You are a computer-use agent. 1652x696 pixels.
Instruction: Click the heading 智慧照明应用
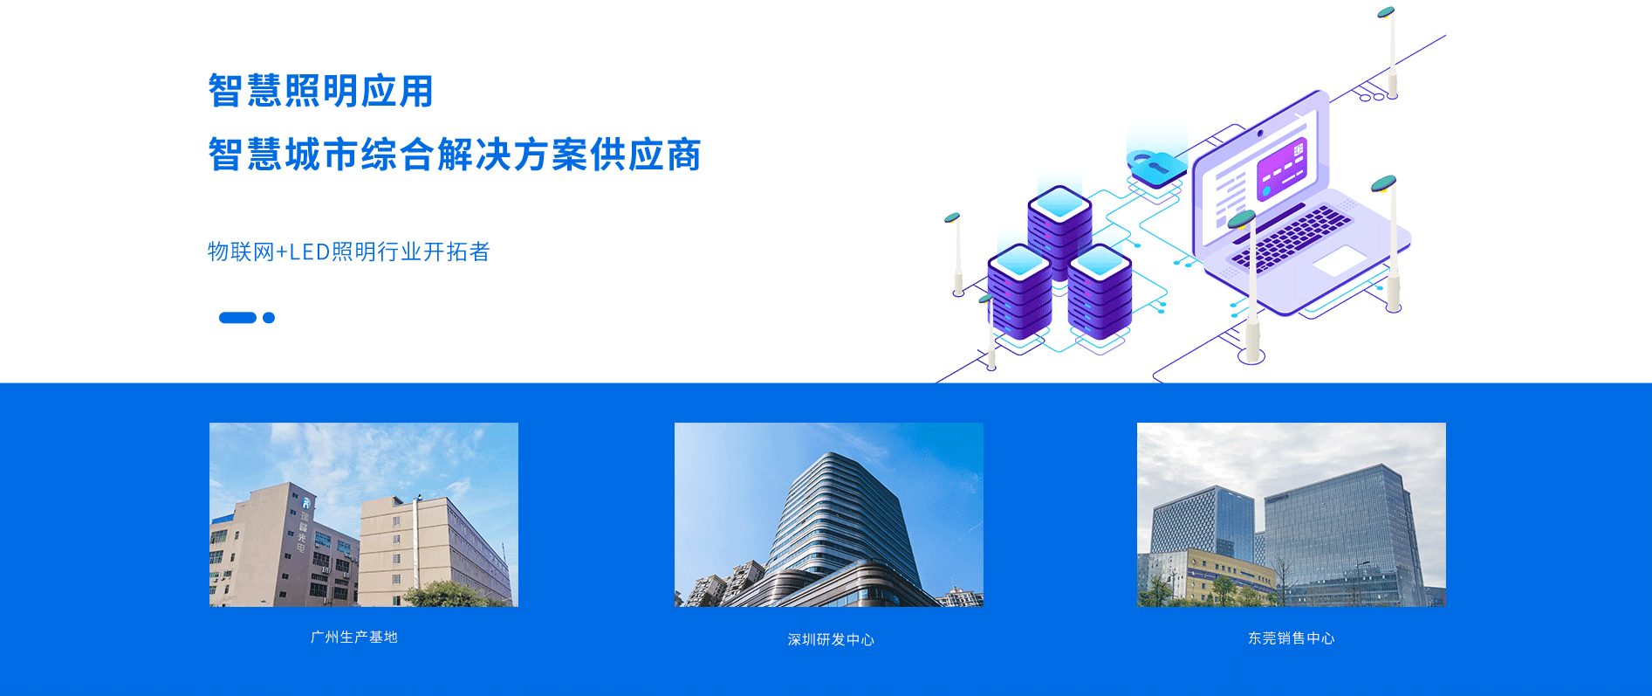[321, 91]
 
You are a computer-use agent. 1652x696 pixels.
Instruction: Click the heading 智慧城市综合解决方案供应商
[455, 155]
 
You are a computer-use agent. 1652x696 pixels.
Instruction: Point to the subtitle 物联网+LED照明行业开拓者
[349, 252]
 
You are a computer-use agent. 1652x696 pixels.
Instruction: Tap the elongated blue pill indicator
[237, 318]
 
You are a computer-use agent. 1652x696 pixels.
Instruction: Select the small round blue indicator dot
[269, 318]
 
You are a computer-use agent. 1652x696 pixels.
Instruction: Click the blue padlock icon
[1155, 167]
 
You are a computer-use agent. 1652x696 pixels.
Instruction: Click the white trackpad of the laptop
[1339, 260]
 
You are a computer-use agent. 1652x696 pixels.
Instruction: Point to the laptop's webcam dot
[1260, 134]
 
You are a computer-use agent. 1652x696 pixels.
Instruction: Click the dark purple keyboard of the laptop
[1291, 238]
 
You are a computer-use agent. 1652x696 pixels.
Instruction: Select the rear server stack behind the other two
[1059, 227]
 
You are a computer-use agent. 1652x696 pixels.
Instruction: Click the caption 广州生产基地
[354, 637]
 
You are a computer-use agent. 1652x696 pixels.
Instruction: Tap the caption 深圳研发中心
[831, 640]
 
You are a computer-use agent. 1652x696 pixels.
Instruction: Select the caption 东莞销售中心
[1292, 638]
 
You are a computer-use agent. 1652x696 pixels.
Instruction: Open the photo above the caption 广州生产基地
[364, 514]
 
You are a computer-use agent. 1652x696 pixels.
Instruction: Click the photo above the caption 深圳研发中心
[829, 514]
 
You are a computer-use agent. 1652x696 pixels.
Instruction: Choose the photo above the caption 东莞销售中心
[1292, 514]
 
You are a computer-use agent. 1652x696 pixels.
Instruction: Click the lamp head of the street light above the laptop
[1386, 12]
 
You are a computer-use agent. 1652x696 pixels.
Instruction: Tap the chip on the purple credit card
[1299, 151]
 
